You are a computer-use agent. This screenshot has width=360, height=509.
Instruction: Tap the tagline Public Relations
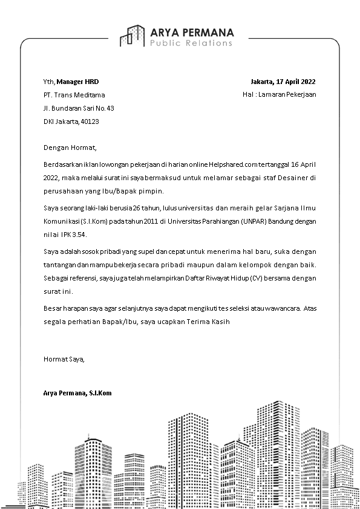[191, 44]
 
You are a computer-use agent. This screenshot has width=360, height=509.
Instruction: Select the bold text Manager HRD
[77, 81]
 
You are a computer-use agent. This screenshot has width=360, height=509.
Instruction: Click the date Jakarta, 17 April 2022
[283, 81]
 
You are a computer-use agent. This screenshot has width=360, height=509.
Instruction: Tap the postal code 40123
[90, 122]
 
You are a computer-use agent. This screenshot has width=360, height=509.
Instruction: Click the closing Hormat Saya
[64, 358]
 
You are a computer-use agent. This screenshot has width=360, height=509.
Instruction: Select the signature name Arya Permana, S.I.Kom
[77, 393]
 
